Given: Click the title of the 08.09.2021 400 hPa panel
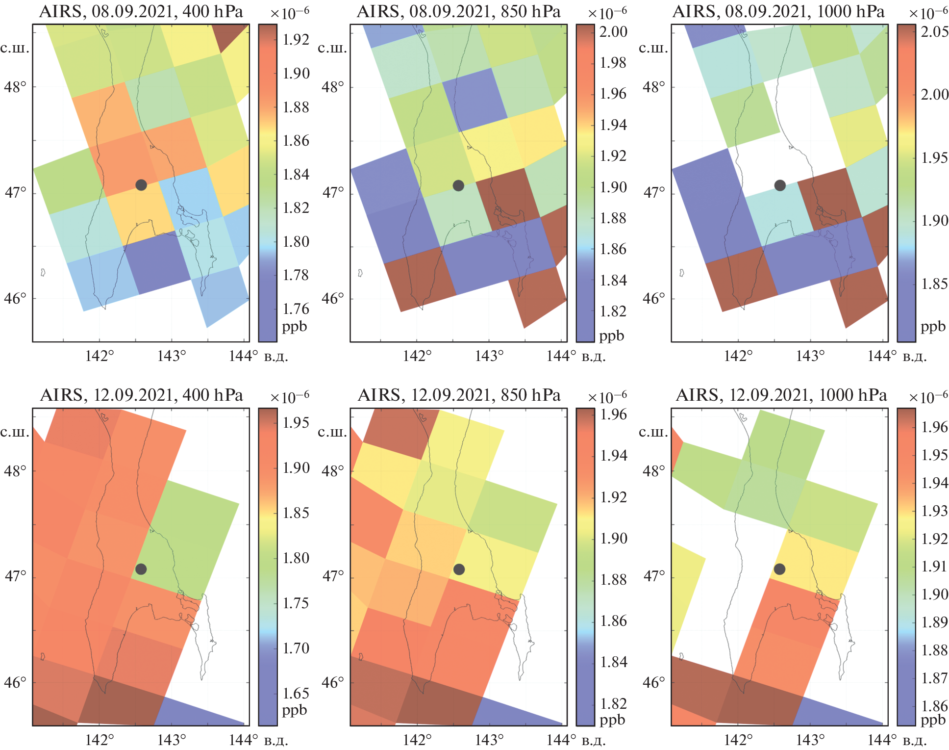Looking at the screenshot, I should point(141,11).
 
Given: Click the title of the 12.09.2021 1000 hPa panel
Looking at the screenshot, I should point(781,395).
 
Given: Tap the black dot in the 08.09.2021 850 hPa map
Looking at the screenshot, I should point(458,185).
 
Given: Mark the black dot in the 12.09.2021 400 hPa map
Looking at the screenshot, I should point(141,569).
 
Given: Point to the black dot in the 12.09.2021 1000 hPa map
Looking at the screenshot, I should point(779,569).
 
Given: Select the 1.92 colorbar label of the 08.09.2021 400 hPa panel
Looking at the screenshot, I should point(296,40).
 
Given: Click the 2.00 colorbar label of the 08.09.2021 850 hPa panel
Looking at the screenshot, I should point(613,32).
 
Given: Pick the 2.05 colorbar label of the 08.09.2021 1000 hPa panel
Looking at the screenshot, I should point(934,32).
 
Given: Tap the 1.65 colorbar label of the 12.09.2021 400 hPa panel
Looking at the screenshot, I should point(296,693).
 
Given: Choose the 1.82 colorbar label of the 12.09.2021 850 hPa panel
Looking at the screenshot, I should point(614,703).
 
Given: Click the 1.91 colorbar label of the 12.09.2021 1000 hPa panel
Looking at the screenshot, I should point(934,567).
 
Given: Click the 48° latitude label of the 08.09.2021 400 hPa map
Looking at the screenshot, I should point(15,87).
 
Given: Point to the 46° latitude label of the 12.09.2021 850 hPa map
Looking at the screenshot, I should point(333,682).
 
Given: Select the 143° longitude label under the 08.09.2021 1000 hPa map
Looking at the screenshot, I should point(810,356).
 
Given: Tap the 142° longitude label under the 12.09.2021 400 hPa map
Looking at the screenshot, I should point(100,740).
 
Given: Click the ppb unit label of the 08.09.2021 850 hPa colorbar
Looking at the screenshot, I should point(612,336).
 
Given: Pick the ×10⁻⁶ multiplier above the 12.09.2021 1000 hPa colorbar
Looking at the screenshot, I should point(928,397).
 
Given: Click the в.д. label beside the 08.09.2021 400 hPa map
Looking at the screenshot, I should point(276,357).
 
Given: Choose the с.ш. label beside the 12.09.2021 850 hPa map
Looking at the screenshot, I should point(332,432).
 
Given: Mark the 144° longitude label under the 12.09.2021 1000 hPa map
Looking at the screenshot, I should point(882,740).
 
